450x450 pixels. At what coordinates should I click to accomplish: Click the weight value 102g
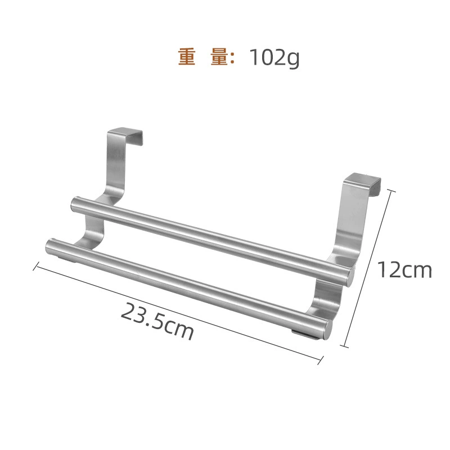(274, 58)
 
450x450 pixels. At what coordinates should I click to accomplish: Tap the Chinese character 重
(187, 57)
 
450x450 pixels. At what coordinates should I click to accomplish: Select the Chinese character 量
(219, 57)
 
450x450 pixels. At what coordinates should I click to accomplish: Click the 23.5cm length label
(157, 321)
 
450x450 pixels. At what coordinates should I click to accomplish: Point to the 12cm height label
(404, 270)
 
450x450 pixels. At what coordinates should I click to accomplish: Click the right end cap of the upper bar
(350, 277)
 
